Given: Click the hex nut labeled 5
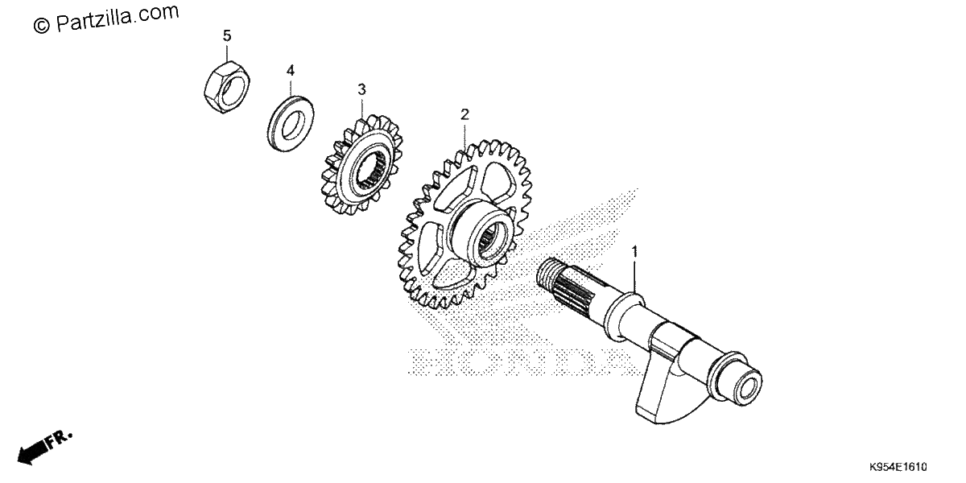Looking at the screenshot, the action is tap(227, 87).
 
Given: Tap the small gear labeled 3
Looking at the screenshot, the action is tap(361, 166).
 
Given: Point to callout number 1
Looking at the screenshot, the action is tap(634, 251).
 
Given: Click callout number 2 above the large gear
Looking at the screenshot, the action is tap(464, 114).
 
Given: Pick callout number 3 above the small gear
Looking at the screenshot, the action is tap(361, 89).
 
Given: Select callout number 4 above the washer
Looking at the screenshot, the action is tap(291, 70).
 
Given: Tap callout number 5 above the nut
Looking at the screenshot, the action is tap(227, 35).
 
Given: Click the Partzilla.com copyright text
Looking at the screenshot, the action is tap(106, 18).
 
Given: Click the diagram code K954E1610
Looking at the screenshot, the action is tap(898, 467).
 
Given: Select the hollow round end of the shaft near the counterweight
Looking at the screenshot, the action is tap(747, 384).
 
